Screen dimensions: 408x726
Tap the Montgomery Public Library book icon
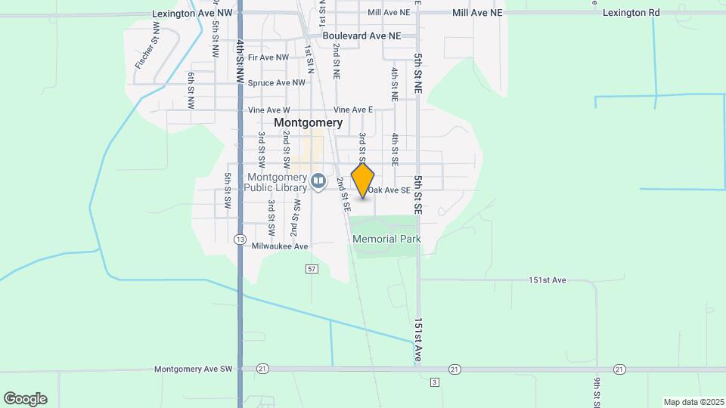click(318, 181)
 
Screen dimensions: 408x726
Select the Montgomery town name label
click(308, 122)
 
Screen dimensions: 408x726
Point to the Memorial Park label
click(386, 239)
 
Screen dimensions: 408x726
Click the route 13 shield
click(240, 240)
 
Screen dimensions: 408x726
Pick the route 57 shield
click(312, 269)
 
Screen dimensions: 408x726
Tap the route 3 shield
click(434, 382)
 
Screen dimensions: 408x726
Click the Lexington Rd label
click(631, 13)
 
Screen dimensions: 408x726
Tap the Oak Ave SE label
click(392, 190)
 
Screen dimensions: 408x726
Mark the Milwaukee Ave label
click(280, 246)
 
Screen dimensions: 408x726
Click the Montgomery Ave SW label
click(194, 369)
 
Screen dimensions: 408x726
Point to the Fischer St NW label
click(147, 47)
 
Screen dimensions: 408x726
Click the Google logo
click(25, 399)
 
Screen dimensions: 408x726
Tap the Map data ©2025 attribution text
click(693, 402)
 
